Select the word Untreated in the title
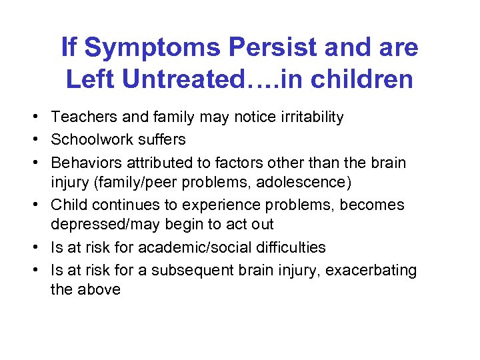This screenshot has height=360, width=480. coord(191,79)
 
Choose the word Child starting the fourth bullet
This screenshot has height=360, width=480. coord(67,204)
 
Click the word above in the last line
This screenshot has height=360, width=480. coord(99,291)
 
